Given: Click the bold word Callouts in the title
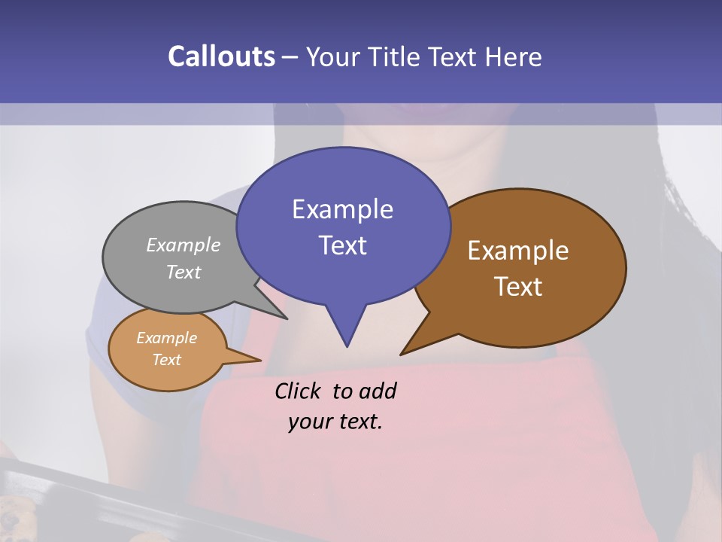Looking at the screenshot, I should pos(221,56).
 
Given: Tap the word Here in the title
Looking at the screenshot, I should pos(514,56).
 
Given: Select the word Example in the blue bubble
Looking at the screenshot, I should pos(342,209).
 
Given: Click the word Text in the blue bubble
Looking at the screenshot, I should pos(342,245).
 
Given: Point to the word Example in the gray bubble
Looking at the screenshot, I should pos(183,245).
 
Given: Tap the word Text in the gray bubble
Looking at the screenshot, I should pos(183,272).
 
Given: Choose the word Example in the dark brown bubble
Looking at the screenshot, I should pos(518,251).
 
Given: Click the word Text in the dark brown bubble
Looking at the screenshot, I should pos(518,287).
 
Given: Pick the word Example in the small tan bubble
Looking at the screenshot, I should pos(166,338).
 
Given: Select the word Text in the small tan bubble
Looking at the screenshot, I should pos(166,360).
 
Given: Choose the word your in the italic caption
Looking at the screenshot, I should pos(310,422).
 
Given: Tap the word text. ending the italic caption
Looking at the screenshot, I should pos(358,422).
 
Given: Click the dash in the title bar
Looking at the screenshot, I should pos(291,56).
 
